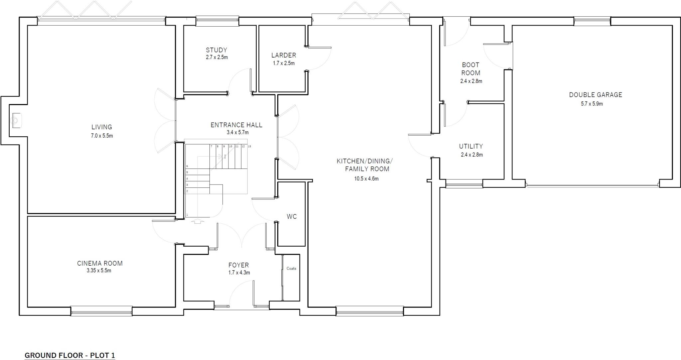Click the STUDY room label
pos(216,50)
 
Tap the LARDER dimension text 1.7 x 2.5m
pos(284,63)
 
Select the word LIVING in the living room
pos(102,127)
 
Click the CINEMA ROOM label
pos(100,263)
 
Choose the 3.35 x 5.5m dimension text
pos(99,271)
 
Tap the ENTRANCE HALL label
pos(236,125)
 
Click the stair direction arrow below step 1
pos(198,221)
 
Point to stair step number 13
pos(249,146)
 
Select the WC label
pos(292,217)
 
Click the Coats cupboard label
pos(291,269)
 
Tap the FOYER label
pos(238,265)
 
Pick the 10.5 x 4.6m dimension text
pos(366,179)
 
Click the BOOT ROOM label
pos(471,69)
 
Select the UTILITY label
pos(471,146)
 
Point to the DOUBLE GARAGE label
pos(595,95)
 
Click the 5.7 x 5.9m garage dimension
pos(592,104)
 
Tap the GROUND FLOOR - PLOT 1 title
pos(70,355)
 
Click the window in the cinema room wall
pos(101,311)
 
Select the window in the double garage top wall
pos(592,21)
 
